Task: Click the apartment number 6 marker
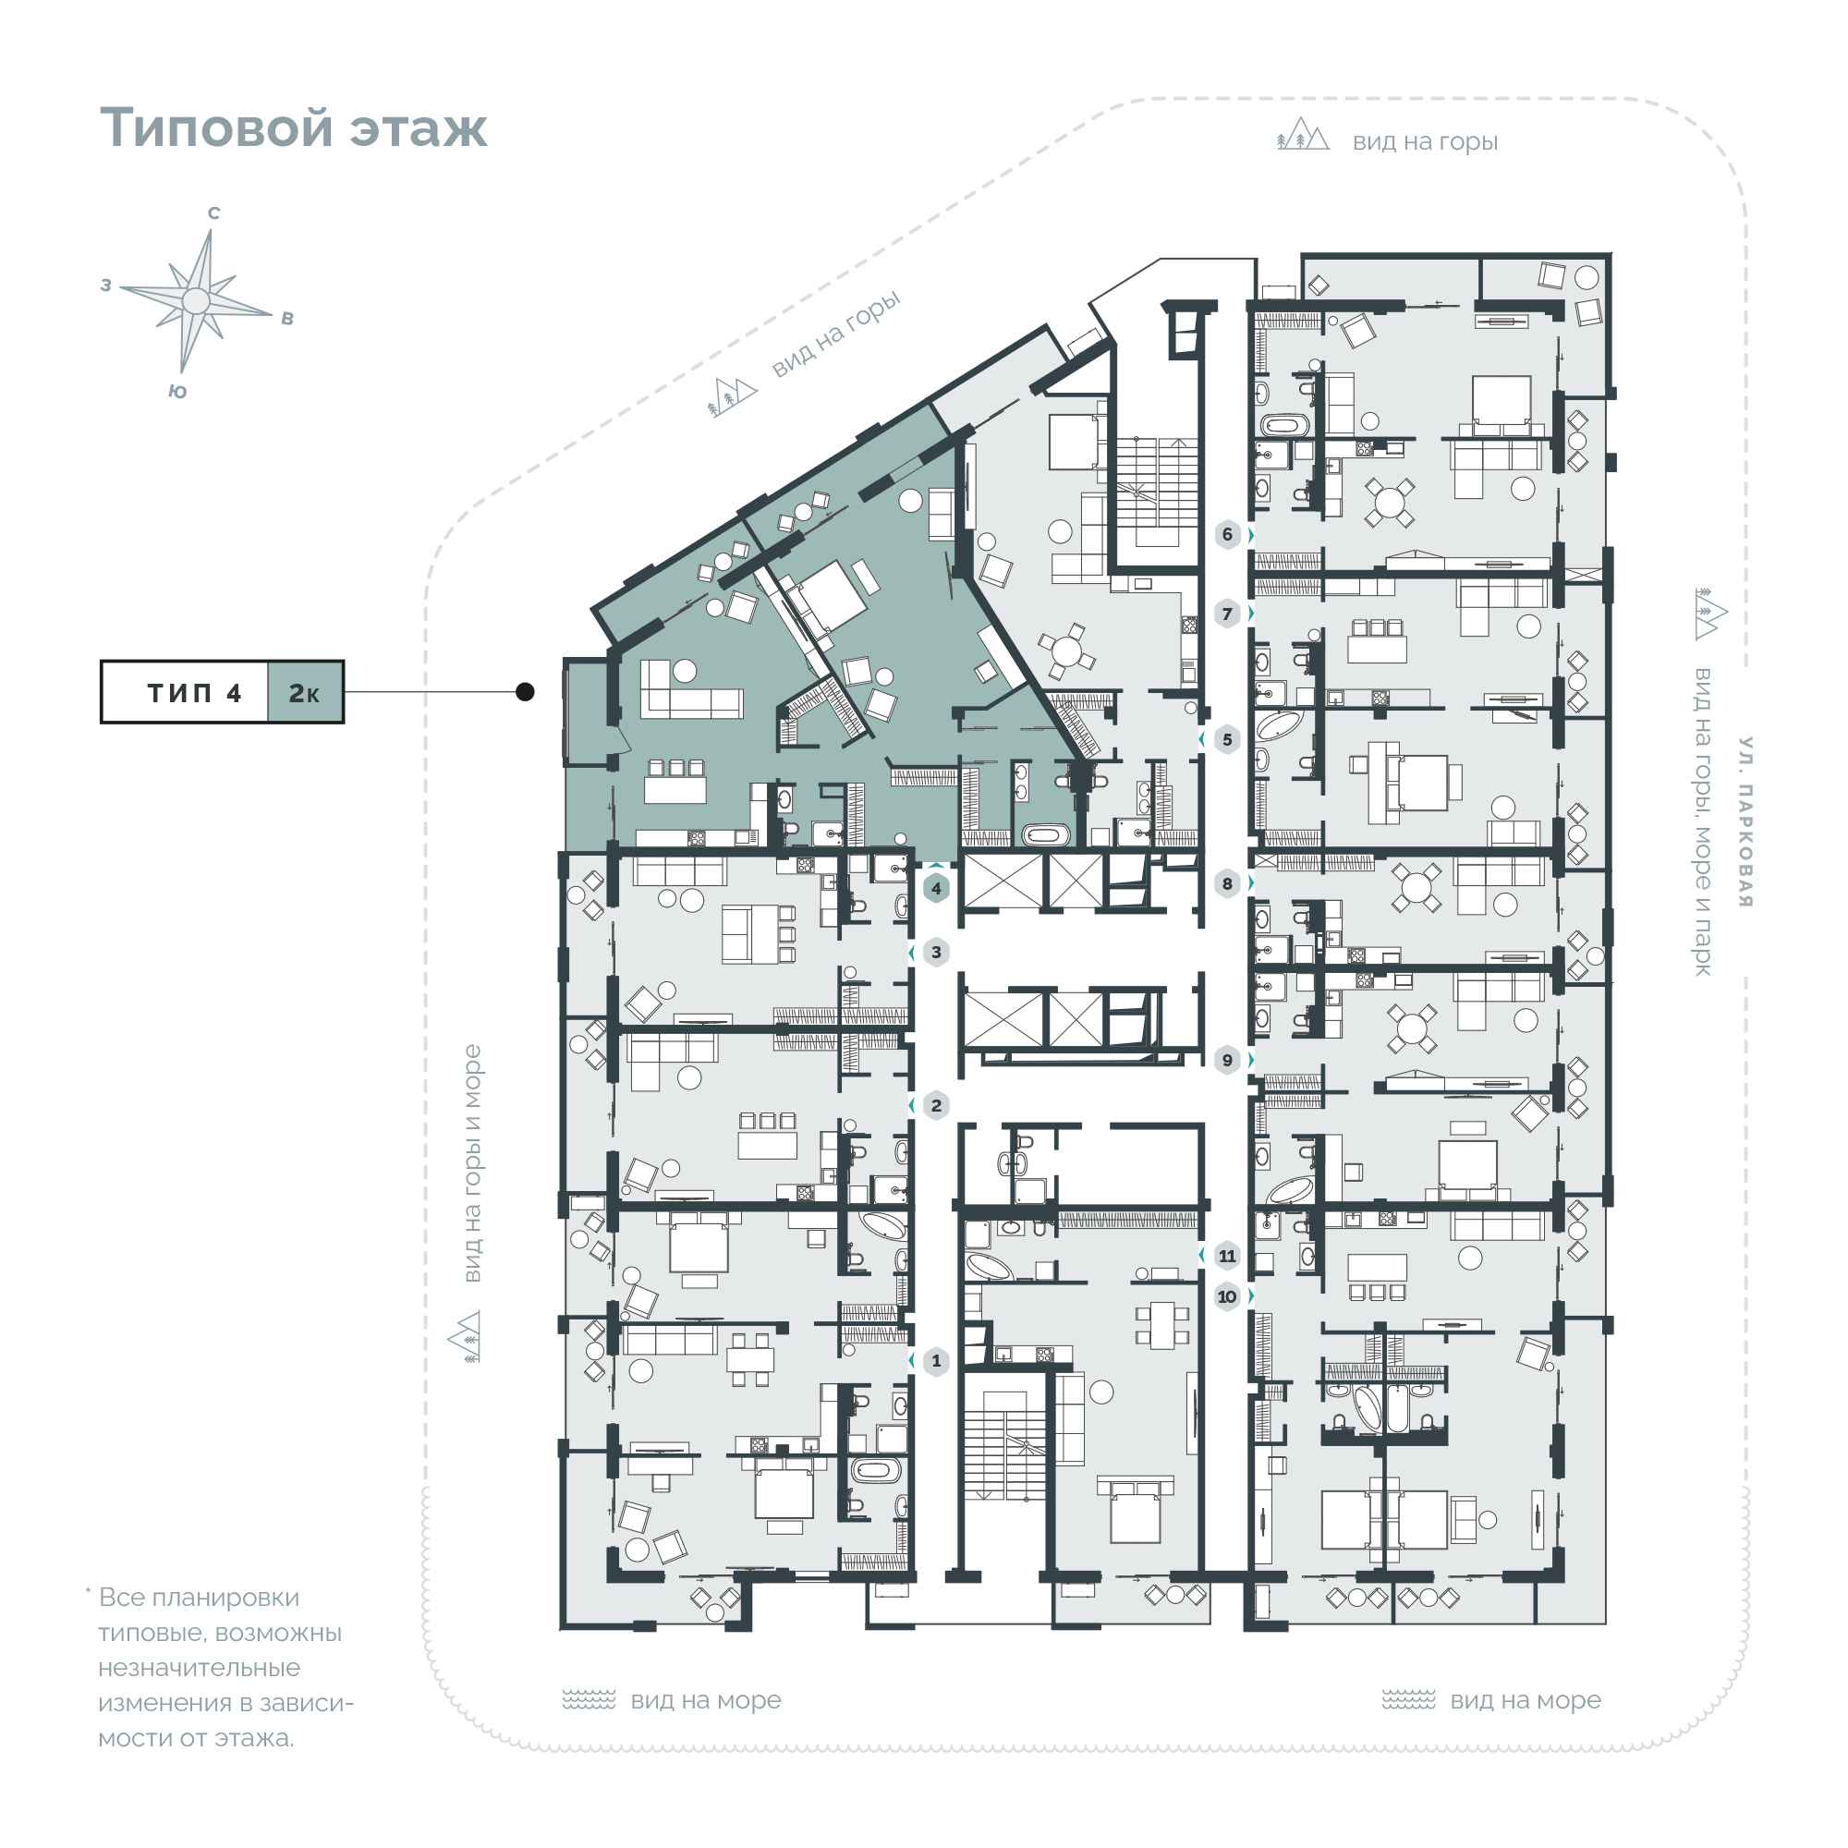(x=1227, y=534)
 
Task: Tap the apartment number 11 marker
(x=1227, y=1255)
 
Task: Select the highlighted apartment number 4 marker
(x=936, y=888)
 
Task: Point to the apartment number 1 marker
(x=936, y=1360)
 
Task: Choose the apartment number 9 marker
(x=1227, y=1060)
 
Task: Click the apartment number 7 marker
(x=1227, y=614)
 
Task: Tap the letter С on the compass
(x=214, y=213)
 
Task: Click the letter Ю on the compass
(x=177, y=391)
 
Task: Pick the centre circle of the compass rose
(x=196, y=300)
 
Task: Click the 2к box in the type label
(x=304, y=692)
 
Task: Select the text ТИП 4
(x=194, y=692)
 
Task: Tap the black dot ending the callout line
(x=525, y=691)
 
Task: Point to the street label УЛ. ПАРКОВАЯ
(x=1745, y=821)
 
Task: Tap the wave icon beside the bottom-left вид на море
(x=589, y=1700)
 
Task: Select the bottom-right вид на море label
(x=1525, y=1700)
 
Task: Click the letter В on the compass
(x=287, y=319)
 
